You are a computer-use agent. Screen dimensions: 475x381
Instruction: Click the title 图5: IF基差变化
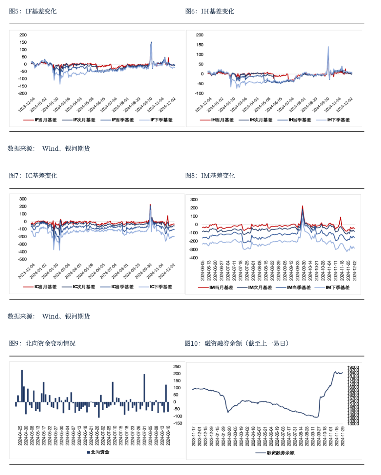tap(33, 11)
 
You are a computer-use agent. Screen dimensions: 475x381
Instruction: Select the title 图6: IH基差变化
tap(210, 11)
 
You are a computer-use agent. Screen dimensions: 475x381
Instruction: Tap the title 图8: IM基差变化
tap(210, 175)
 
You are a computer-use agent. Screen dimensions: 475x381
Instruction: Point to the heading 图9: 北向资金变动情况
tap(42, 343)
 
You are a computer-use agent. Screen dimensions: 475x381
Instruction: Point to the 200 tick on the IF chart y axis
tap(23, 35)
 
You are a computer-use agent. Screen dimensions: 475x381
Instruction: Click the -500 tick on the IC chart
tap(22, 259)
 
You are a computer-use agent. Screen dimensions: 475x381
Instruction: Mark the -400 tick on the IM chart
tap(193, 258)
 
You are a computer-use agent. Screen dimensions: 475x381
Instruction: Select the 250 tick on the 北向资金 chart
tap(177, 366)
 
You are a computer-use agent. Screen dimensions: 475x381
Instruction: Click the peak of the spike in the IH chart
tap(328, 47)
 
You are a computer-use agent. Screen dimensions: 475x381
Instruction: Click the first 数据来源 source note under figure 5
tap(49, 148)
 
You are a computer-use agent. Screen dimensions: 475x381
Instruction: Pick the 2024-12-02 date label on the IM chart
tap(355, 271)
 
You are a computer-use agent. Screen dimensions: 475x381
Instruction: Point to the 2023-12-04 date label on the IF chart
tap(27, 105)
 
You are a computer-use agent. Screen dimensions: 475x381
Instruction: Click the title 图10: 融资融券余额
tap(236, 343)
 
